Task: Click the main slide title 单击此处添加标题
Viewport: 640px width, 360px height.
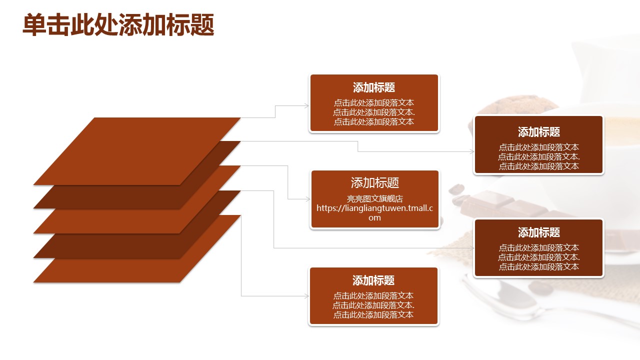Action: click(x=118, y=25)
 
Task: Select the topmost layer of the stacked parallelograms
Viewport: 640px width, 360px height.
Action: click(x=137, y=151)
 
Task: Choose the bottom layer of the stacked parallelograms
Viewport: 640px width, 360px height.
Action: click(x=137, y=249)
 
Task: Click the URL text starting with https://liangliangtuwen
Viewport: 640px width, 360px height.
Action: click(x=374, y=213)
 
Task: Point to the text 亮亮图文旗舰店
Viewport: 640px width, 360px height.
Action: click(x=374, y=198)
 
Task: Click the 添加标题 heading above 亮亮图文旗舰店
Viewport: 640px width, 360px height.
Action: click(x=374, y=182)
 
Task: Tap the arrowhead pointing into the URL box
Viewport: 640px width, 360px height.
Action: click(x=308, y=199)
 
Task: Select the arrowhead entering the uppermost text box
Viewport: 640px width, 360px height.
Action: click(x=306, y=105)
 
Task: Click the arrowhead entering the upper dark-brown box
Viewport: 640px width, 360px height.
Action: click(x=471, y=151)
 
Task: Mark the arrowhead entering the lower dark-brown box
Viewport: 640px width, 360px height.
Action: click(x=471, y=248)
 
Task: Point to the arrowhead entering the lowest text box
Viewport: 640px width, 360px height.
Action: click(x=306, y=296)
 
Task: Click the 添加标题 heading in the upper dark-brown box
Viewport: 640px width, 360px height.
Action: click(x=539, y=132)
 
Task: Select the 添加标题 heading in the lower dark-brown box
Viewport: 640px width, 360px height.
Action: click(x=539, y=232)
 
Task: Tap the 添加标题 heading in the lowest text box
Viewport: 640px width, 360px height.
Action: click(x=373, y=280)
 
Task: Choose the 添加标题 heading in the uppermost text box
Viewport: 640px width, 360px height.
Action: click(x=374, y=87)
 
